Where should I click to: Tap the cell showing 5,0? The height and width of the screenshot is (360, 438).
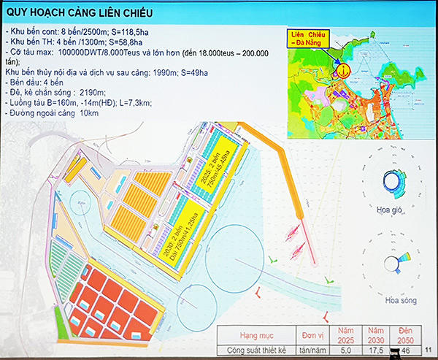pos(349,351)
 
